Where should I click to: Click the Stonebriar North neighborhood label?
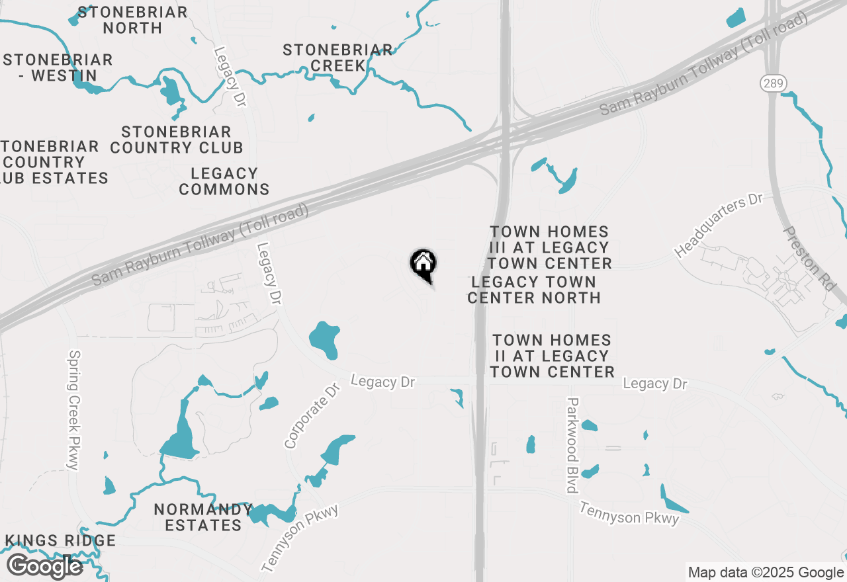[x=132, y=20]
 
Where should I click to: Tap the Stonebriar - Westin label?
[x=58, y=67]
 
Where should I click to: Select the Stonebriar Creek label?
[x=337, y=58]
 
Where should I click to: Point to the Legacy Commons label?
[x=224, y=181]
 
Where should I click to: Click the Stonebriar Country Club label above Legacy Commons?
[x=177, y=140]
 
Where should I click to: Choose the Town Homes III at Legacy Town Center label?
[x=549, y=247]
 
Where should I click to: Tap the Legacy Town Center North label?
[x=533, y=290]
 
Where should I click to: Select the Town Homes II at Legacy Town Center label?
[x=552, y=356]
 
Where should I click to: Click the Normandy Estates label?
[x=203, y=517]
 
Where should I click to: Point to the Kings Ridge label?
[x=61, y=540]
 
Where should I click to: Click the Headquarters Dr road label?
[x=719, y=226]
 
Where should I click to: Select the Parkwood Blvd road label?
[x=573, y=445]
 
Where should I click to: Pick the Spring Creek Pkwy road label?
[x=73, y=410]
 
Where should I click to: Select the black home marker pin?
[x=423, y=265]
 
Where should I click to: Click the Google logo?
[x=44, y=566]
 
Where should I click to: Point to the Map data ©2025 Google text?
[x=765, y=573]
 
